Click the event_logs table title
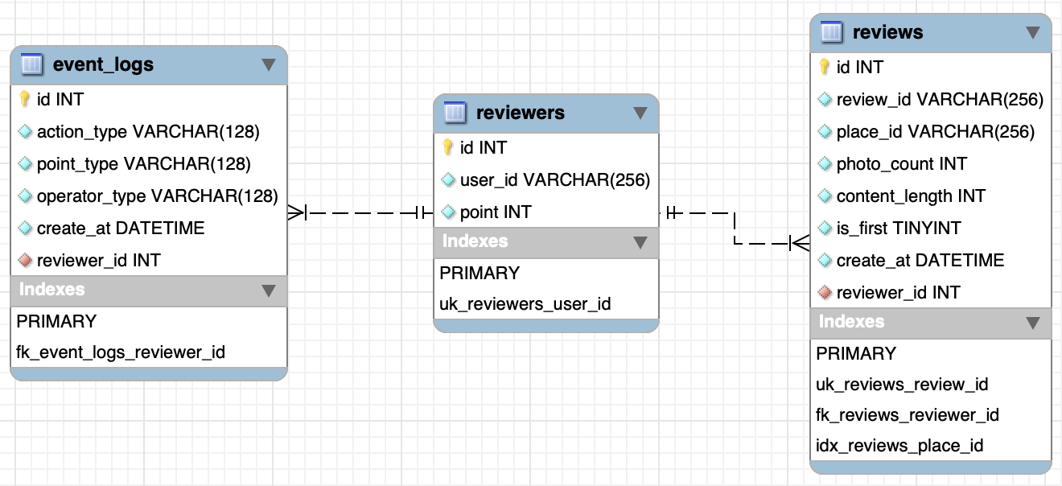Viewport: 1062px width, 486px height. pos(103,64)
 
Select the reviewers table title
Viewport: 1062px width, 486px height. pos(520,113)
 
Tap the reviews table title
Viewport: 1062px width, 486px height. pos(887,32)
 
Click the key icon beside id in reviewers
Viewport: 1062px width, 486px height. pos(448,147)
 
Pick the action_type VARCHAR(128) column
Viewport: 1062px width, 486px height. pos(148,131)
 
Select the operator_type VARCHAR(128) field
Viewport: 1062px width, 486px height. pos(157,196)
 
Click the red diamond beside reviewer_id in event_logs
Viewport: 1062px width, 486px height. pos(25,260)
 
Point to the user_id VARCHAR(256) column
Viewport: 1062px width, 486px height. pos(554,179)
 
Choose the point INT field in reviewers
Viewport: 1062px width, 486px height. pos(495,212)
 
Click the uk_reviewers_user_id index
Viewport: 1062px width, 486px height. pos(525,303)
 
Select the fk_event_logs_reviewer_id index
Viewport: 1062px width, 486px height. pos(121,352)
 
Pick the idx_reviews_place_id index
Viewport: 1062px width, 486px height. pos(899,445)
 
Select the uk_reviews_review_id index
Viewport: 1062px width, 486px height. pos(902,384)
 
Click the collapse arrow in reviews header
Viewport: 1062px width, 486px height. pos(1033,33)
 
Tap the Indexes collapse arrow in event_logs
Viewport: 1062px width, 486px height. pos(269,290)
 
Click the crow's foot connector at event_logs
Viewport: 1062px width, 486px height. pos(296,212)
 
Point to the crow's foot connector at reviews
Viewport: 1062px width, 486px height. pos(800,241)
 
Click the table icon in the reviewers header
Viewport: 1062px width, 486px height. pos(455,113)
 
